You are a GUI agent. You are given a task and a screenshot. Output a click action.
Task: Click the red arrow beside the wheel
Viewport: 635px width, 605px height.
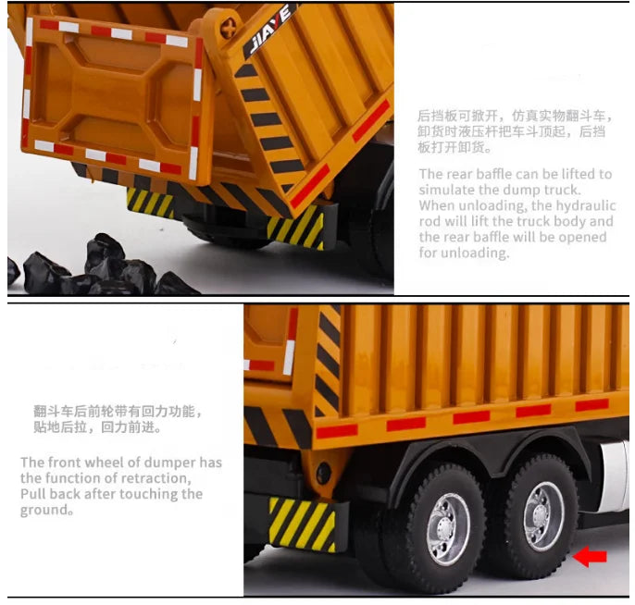590,555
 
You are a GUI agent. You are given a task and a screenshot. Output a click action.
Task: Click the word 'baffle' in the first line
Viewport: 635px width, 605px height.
512,174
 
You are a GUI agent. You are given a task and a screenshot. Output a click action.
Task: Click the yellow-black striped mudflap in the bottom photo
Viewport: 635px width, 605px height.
303,525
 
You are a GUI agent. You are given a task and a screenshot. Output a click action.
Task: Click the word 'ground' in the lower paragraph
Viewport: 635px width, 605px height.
43,510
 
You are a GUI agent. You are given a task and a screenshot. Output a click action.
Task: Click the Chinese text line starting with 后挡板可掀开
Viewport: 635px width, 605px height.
515,117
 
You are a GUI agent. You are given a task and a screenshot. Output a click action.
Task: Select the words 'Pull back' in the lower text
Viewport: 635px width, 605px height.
50,494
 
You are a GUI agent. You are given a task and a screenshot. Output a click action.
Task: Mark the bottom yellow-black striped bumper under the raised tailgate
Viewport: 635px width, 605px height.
150,202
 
